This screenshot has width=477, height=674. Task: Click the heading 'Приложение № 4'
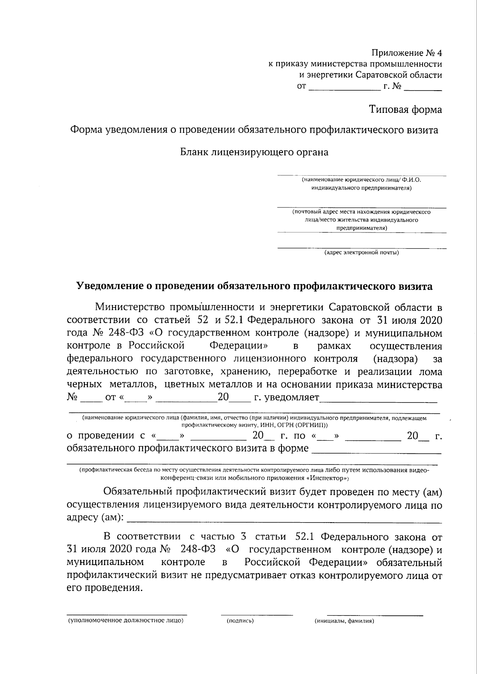[x=407, y=52]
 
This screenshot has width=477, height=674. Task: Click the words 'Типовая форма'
[x=405, y=109]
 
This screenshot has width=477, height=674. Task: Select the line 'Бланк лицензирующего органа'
[x=254, y=152]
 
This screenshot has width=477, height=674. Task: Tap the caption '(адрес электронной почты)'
[x=361, y=252]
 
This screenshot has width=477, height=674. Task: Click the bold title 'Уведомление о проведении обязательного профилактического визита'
[x=254, y=286]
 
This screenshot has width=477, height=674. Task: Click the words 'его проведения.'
[x=104, y=588]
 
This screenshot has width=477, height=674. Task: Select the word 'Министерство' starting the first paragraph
[x=129, y=307]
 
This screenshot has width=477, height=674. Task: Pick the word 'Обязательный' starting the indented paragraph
[x=136, y=492]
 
